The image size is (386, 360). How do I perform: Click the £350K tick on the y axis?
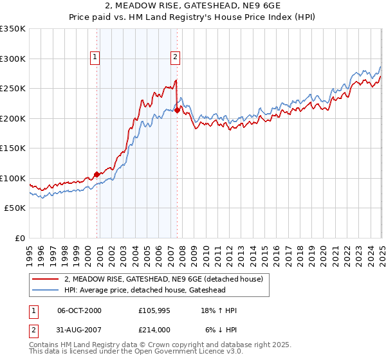click(x=13, y=29)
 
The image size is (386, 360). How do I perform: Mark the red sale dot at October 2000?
click(x=97, y=174)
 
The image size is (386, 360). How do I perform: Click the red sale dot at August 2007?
click(x=177, y=110)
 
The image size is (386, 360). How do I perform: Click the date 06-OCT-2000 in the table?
click(x=80, y=310)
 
